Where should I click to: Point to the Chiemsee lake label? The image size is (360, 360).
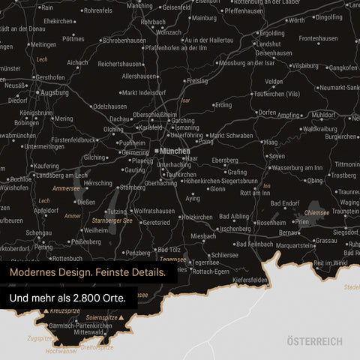[x=317, y=212]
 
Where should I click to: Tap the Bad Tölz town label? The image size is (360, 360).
[x=168, y=250]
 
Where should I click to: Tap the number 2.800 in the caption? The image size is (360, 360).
[x=94, y=298]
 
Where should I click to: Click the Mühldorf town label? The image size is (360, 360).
[x=324, y=115]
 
